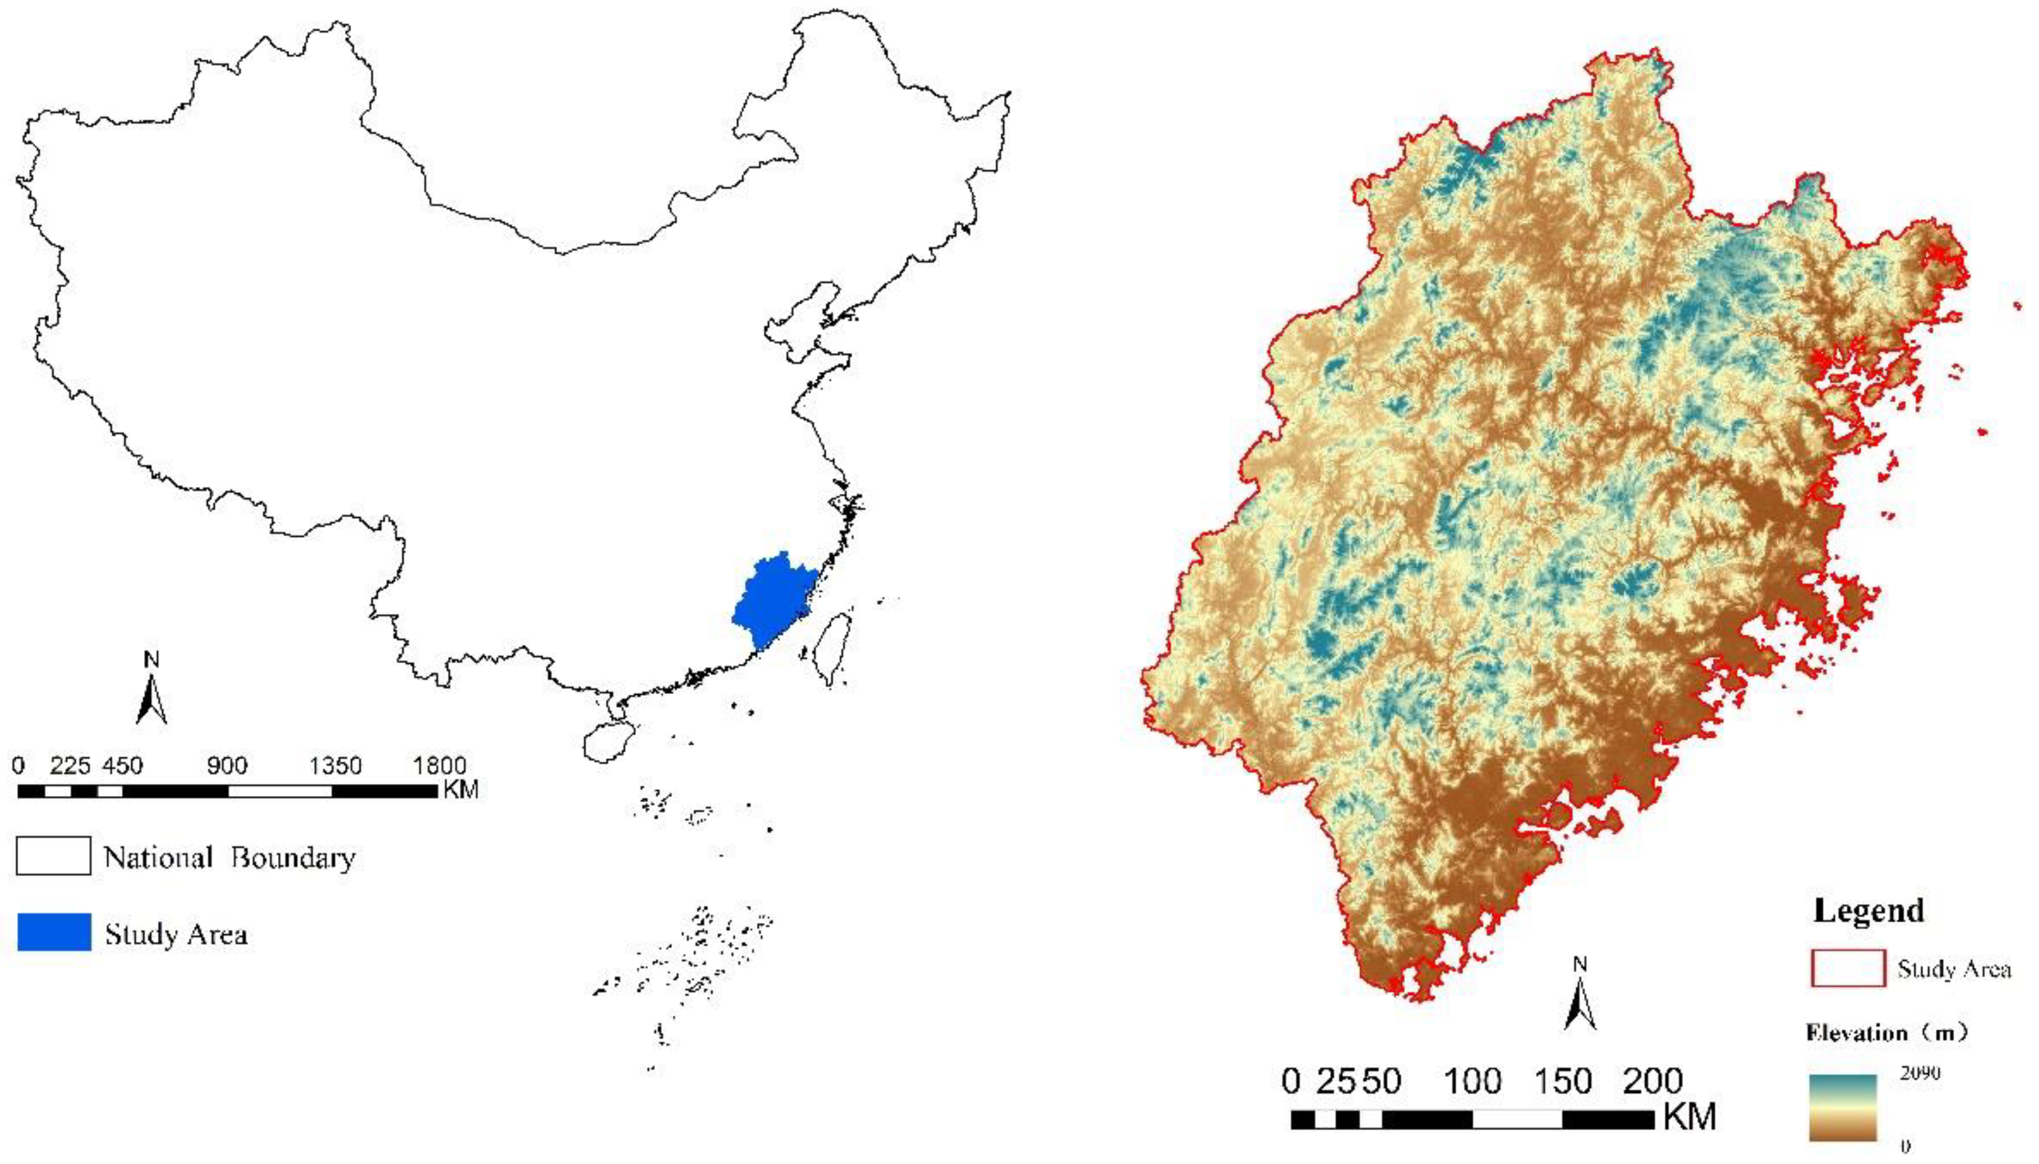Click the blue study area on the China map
(772, 600)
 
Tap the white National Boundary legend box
(53, 856)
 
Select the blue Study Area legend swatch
(54, 932)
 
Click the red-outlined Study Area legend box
(1848, 969)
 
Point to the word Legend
(1869, 910)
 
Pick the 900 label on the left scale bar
(227, 766)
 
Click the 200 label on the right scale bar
(1652, 1081)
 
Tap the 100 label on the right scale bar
(1472, 1081)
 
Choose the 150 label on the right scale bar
(1563, 1081)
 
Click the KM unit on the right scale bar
(1690, 1117)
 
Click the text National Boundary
(230, 857)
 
